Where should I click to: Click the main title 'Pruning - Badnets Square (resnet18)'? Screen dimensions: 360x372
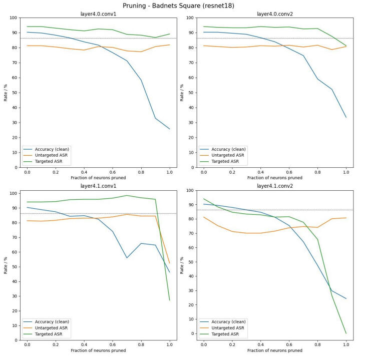(185, 6)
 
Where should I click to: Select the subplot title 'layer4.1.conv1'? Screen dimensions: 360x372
(98, 186)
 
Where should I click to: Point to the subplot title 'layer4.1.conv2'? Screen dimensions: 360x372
(274, 186)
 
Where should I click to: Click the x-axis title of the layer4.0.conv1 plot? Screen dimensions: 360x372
(98, 178)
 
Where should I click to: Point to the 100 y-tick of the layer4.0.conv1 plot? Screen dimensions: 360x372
(14, 18)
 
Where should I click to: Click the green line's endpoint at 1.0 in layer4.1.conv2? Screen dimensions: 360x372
(346, 333)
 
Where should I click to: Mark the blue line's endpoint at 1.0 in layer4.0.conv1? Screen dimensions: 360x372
(169, 129)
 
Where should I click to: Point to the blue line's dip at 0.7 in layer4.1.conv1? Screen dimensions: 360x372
(127, 258)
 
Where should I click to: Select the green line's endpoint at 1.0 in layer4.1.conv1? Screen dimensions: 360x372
(169, 300)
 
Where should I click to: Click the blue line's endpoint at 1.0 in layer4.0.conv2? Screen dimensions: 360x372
(346, 117)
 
